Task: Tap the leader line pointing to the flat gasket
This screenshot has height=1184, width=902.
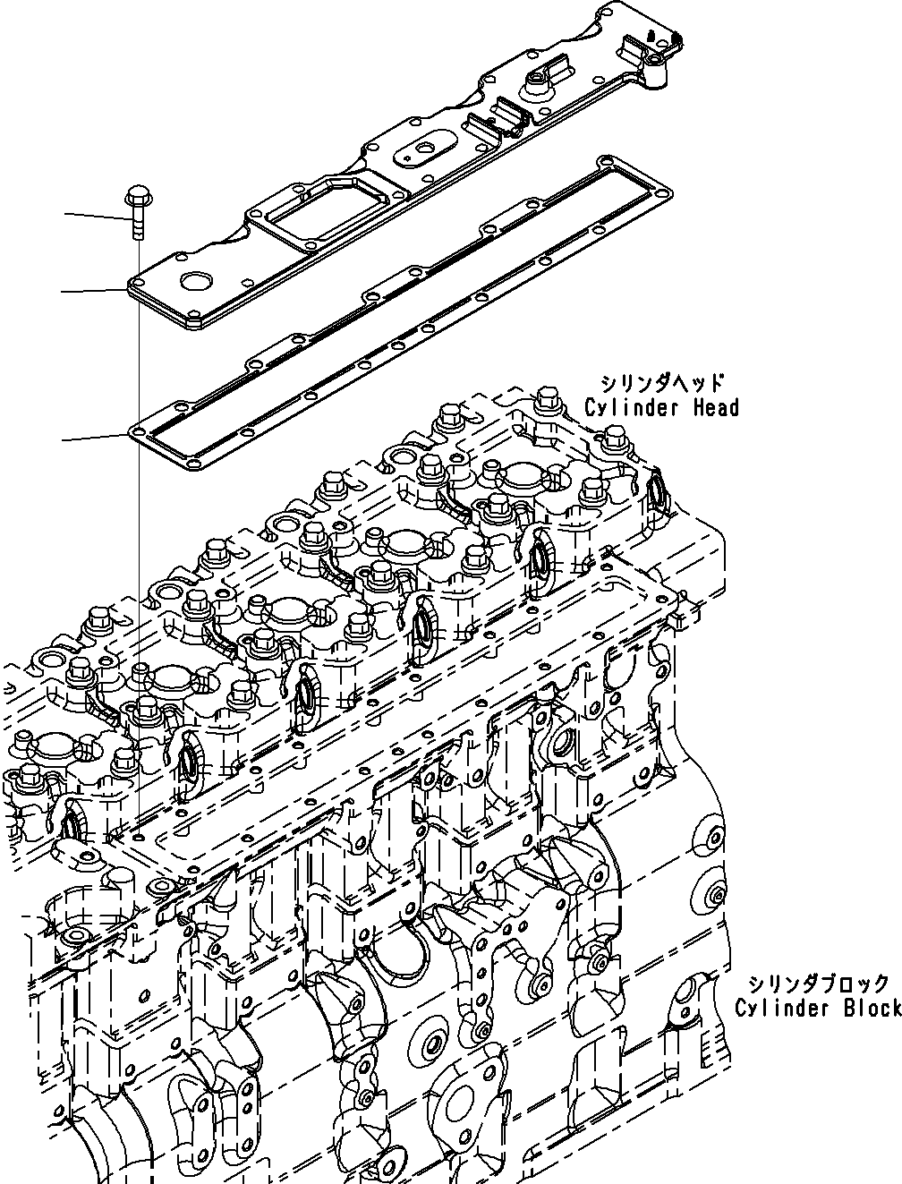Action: coord(94,438)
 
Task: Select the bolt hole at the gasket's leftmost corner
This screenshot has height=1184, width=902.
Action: coord(135,432)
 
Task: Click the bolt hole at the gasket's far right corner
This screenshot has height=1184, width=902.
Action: coord(667,190)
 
